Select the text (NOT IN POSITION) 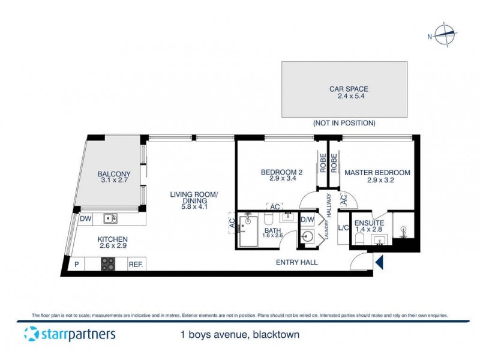click(344, 123)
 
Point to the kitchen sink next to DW click(109, 219)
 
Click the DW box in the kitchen click(85, 219)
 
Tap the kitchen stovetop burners click(108, 263)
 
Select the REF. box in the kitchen click(136, 263)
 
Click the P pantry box click(77, 263)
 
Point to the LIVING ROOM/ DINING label click(193, 198)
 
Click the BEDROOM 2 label click(281, 176)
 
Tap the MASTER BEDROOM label click(377, 176)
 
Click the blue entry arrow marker click(378, 262)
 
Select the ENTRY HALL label click(296, 262)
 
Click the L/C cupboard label click(344, 227)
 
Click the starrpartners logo click(69, 334)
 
